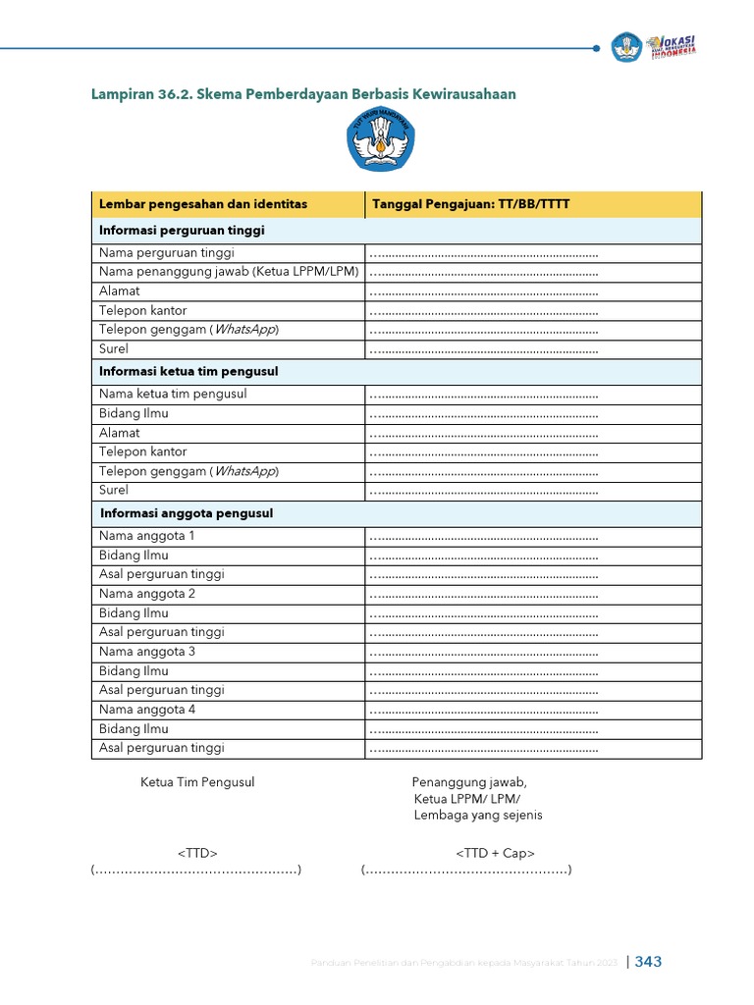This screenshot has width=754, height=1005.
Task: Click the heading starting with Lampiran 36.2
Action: (303, 94)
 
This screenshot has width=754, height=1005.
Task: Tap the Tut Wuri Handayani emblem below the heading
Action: (381, 142)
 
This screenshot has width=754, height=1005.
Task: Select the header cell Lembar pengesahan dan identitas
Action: (203, 204)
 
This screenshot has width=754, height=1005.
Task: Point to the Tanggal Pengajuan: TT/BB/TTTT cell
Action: (468, 204)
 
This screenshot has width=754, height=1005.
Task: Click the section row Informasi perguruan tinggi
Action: (183, 231)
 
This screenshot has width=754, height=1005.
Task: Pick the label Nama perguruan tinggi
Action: (166, 253)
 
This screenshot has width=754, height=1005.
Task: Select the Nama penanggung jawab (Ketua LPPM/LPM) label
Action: (229, 272)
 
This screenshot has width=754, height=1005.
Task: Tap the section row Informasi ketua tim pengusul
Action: (188, 372)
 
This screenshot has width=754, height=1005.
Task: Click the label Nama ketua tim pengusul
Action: (173, 394)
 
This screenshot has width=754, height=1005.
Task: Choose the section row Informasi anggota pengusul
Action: (187, 513)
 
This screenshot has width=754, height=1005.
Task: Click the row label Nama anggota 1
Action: (147, 536)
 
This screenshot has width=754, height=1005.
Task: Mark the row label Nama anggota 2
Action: (147, 594)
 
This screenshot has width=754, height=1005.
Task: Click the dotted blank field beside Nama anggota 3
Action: (483, 652)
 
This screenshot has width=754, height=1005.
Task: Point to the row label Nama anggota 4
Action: (147, 710)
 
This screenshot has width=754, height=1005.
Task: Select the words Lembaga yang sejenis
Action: (478, 815)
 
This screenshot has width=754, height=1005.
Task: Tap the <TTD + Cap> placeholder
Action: (495, 854)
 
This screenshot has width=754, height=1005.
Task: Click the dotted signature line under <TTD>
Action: (195, 871)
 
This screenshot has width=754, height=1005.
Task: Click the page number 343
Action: (648, 962)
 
